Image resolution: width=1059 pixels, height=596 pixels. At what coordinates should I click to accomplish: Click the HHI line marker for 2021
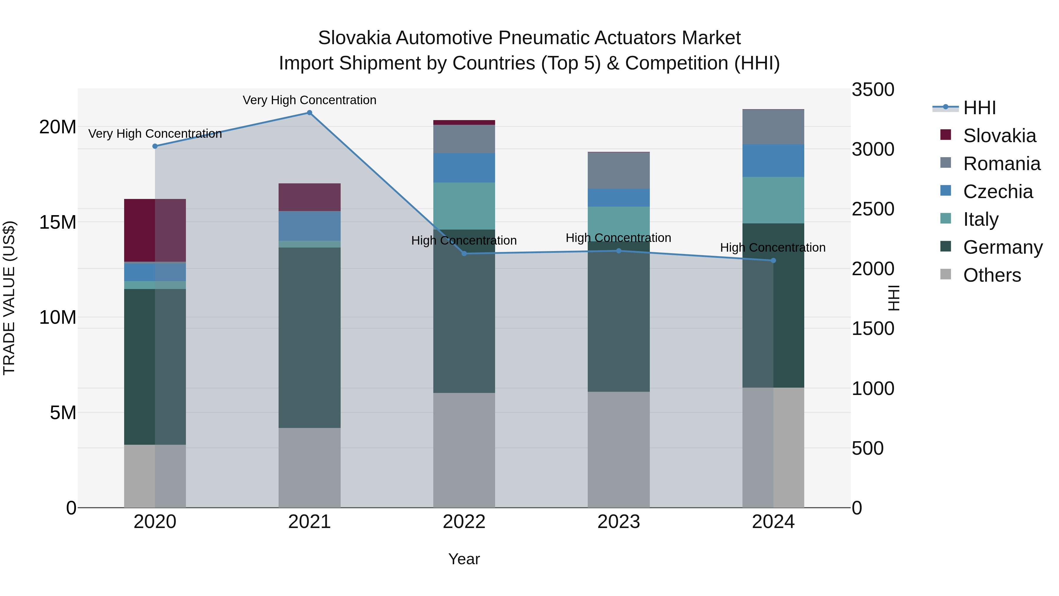coord(309,113)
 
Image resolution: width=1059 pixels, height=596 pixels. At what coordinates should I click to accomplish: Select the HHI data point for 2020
coord(155,146)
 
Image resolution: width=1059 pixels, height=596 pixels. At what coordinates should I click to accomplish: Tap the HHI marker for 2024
coord(773,260)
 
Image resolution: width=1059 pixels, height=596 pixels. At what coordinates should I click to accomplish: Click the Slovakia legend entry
coord(999,136)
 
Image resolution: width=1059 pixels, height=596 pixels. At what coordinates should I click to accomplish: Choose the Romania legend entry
coord(1001,164)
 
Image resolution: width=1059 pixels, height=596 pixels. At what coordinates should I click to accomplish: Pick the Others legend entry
coord(992,275)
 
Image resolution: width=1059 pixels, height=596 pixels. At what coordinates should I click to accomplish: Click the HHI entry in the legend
coord(979,108)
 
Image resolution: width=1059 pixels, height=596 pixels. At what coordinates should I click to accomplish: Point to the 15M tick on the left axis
coord(58,222)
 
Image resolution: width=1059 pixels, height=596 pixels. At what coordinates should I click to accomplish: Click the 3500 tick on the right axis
coord(873,90)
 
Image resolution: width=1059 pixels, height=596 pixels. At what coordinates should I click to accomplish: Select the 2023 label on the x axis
coord(618,522)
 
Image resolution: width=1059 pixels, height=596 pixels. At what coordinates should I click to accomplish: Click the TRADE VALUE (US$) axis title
coord(9,298)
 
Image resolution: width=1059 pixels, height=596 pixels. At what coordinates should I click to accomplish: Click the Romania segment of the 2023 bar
coord(618,170)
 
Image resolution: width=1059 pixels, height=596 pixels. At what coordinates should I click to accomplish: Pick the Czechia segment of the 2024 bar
coord(773,160)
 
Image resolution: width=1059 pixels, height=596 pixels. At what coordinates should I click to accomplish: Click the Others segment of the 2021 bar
coord(309,467)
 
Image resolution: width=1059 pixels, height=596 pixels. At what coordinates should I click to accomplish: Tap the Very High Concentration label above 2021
coord(309,100)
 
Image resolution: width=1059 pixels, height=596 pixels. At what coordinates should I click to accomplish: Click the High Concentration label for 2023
coord(618,238)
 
